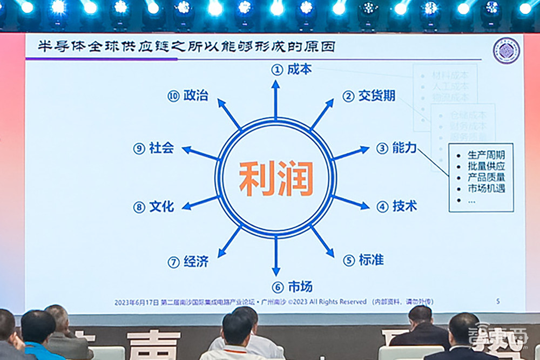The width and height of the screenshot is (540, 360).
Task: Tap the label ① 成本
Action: [292, 69]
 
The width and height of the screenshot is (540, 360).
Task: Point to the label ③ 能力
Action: [396, 148]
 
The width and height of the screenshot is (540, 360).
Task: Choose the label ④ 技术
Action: [397, 206]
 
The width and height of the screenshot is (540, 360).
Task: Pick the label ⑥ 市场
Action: [292, 287]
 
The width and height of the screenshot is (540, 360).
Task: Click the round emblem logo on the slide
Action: [506, 51]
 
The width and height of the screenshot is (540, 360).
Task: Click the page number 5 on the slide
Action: [497, 301]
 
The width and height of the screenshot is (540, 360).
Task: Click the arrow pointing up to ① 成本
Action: [275, 100]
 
